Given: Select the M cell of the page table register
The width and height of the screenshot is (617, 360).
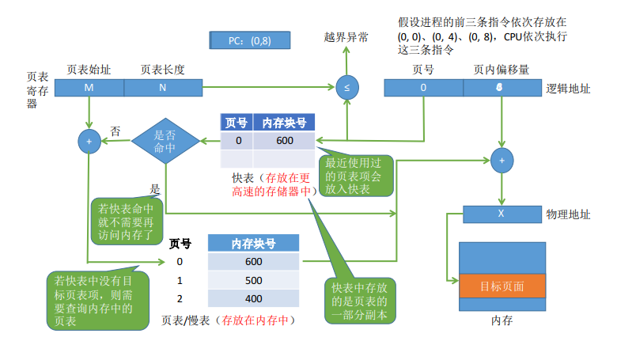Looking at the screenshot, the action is [x=89, y=88].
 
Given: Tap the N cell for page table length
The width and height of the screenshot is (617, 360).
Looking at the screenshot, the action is [x=163, y=88].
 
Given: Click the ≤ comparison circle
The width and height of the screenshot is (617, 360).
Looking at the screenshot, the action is [x=347, y=87].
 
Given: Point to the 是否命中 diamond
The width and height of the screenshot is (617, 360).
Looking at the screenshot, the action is [x=165, y=141].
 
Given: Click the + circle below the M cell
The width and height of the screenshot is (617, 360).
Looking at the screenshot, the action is [x=89, y=142].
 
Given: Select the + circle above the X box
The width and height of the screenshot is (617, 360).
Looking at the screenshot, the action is [x=502, y=161].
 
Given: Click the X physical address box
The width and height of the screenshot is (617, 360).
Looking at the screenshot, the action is [x=502, y=214].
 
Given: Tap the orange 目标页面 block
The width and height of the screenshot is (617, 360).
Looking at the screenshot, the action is [x=502, y=286].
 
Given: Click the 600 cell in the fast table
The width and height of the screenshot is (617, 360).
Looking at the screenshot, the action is [x=284, y=141].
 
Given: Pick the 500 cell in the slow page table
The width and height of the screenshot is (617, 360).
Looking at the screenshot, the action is [x=253, y=280].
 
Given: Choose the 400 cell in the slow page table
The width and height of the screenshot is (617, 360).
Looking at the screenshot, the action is [x=253, y=298].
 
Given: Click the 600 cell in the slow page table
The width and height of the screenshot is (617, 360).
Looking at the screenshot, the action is [x=253, y=262].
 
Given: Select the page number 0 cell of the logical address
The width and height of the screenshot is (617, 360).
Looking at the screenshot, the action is [x=423, y=88].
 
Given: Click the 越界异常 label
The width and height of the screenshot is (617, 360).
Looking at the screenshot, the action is [x=346, y=38].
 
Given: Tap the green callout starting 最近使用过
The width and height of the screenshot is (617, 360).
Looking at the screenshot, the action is [x=356, y=176].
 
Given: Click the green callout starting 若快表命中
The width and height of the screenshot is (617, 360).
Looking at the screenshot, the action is [x=127, y=221].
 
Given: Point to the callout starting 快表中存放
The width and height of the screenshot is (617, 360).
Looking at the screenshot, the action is [x=360, y=301].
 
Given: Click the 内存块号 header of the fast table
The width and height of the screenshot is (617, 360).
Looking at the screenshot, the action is [x=284, y=123].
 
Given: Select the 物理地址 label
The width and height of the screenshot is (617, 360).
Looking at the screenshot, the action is [x=568, y=214].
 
